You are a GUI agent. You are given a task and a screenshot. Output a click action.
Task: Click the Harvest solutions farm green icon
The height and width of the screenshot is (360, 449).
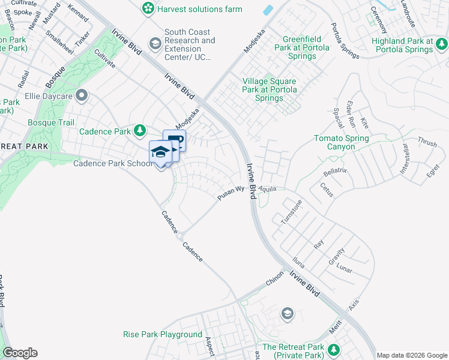[x=148, y=9]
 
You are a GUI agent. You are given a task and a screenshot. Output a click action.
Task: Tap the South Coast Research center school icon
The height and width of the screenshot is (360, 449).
[x=155, y=43]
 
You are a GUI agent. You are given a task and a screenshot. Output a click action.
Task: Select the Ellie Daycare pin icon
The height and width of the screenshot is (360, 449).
[x=81, y=95]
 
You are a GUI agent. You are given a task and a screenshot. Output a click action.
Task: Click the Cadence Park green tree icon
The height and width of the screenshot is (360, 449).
[x=140, y=130]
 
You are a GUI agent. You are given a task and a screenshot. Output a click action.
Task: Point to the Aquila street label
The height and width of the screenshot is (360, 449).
[x=268, y=188]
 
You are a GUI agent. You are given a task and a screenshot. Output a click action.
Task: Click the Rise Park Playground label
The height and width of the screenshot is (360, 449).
[x=162, y=334]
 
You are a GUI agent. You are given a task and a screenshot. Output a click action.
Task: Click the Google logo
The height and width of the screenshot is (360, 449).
[x=20, y=353]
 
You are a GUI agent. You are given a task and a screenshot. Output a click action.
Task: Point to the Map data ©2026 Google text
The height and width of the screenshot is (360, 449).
[x=411, y=355]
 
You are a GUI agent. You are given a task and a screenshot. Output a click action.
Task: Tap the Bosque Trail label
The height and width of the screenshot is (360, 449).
[x=51, y=122]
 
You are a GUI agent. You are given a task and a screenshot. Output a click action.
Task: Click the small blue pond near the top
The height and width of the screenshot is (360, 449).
[x=268, y=10]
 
